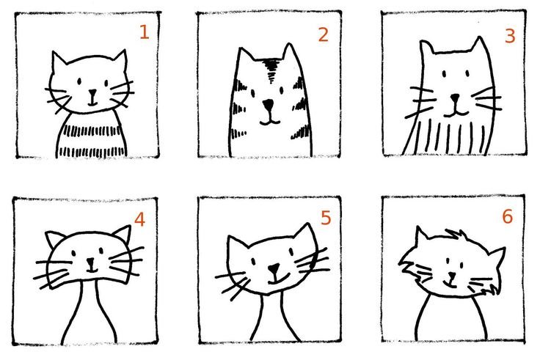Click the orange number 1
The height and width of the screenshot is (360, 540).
[145, 32]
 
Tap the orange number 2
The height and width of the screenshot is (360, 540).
[324, 34]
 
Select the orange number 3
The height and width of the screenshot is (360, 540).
[510, 36]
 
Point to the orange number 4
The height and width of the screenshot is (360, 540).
[139, 219]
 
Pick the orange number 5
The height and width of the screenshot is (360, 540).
[326, 218]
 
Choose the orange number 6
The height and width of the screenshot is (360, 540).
[508, 216]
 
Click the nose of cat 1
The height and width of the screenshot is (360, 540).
[92, 93]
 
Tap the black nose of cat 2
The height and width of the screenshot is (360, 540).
[268, 104]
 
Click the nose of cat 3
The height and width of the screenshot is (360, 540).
[456, 98]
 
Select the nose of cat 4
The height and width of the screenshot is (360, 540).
[90, 262]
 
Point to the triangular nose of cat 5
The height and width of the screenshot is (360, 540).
[274, 268]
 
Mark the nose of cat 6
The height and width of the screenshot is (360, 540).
[451, 276]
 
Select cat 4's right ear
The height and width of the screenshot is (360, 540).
[123, 234]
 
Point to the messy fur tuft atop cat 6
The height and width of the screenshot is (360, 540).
[456, 235]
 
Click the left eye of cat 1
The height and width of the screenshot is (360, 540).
[79, 81]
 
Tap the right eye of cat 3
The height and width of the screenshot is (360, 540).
[467, 73]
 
